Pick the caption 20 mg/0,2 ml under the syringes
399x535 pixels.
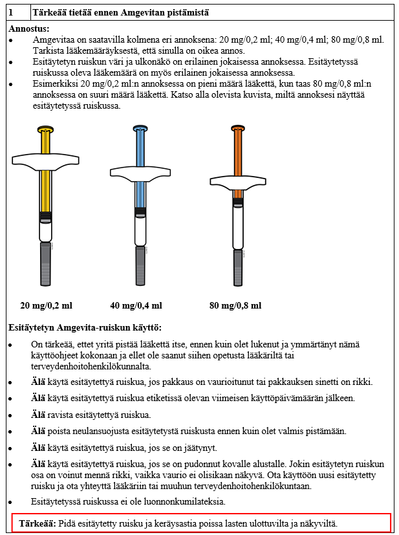point(47,305)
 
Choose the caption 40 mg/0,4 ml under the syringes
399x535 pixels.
point(136,305)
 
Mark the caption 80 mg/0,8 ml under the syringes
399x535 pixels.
point(235,305)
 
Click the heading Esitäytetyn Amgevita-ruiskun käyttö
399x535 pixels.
point(85,327)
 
